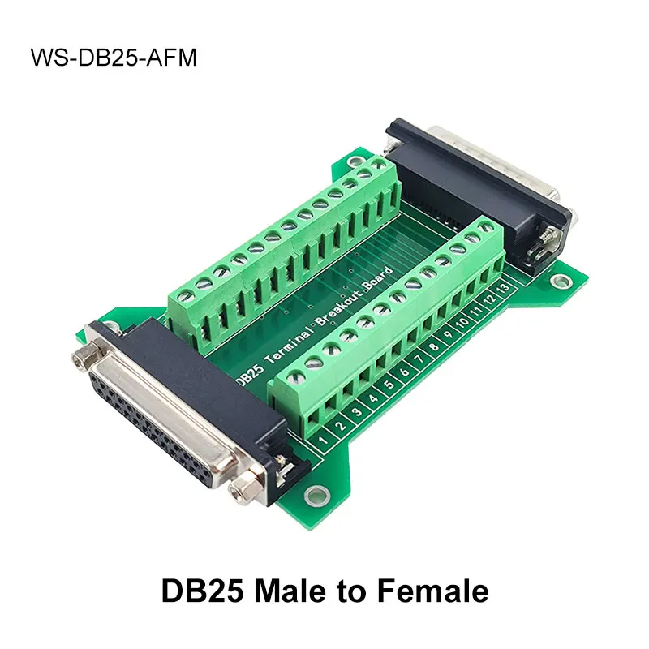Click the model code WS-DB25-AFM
114,58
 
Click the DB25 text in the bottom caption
203,591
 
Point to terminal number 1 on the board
324,438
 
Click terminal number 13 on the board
504,288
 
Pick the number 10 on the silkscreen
462,322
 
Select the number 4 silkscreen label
374,398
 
